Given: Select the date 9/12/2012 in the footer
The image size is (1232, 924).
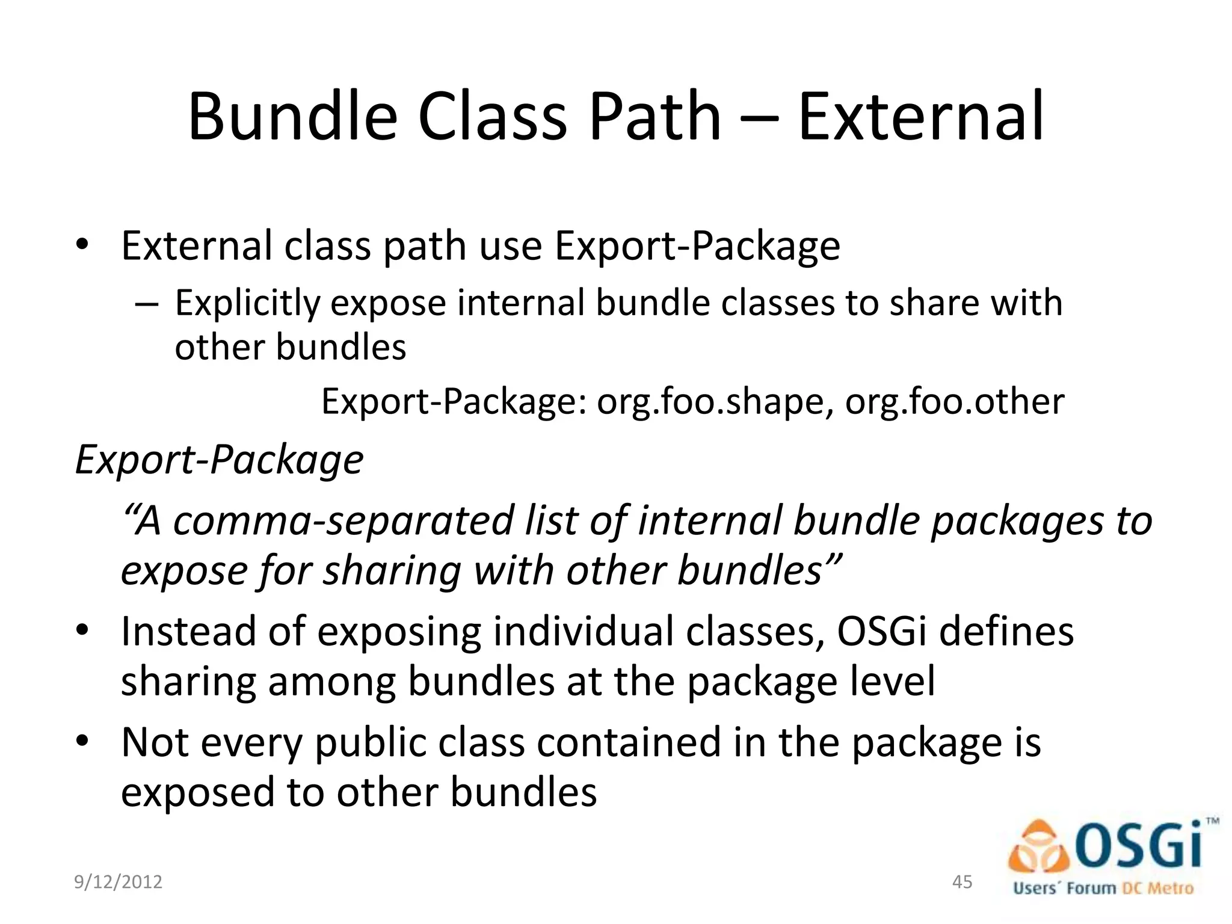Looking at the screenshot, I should tap(118, 882).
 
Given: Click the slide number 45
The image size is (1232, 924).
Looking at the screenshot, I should tap(962, 882).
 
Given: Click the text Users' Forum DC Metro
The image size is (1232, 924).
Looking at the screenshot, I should tap(1103, 889).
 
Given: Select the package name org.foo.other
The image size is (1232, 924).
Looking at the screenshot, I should tap(955, 402).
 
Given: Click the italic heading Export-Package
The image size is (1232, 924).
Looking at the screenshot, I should tap(220, 460).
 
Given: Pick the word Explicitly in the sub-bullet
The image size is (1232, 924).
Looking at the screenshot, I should tap(247, 304).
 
